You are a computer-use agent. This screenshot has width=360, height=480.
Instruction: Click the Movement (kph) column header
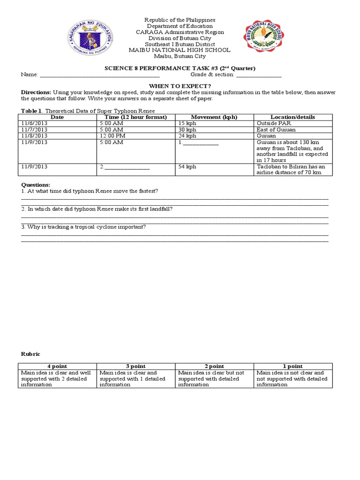tap(214, 117)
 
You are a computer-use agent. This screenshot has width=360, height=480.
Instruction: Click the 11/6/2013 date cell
tap(35, 123)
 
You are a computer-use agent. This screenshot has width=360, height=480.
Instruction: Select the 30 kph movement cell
tap(187, 130)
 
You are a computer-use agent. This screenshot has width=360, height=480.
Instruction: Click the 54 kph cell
tap(187, 167)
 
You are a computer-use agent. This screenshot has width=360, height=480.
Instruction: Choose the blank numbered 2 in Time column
tap(127, 167)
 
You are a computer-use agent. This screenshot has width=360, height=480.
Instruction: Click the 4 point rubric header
tap(57, 366)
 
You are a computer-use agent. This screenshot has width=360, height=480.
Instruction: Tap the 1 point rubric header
tap(293, 366)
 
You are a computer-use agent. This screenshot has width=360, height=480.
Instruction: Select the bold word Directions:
tap(36, 92)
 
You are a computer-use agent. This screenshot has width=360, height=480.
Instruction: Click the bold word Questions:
tap(35, 185)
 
